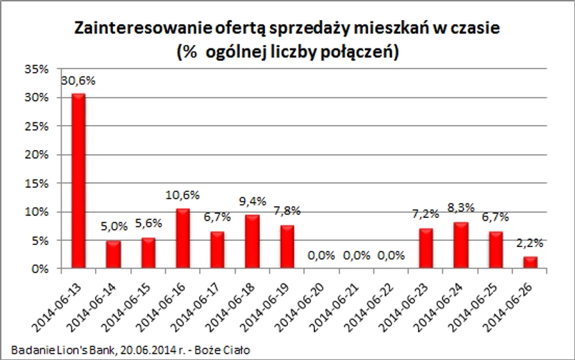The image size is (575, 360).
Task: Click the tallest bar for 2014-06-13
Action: pos(78,181)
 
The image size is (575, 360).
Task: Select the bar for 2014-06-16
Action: pos(183,239)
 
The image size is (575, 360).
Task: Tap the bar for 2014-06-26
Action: pos(531,263)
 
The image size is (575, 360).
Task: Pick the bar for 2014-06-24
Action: pos(461,246)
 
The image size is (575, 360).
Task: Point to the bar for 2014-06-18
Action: pos(252,242)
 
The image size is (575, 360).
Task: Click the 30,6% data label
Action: pos(78,81)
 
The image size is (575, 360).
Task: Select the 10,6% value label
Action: pos(183,195)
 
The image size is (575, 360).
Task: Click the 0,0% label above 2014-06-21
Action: pos(356,256)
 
